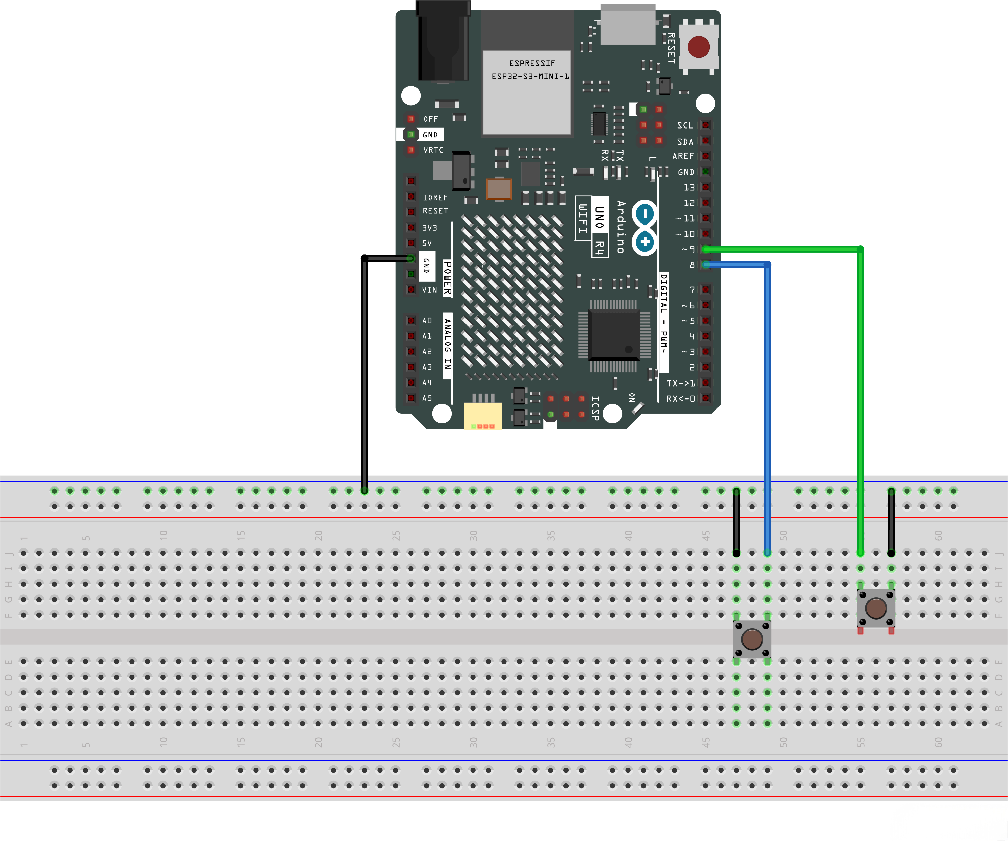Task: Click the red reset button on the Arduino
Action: point(698,47)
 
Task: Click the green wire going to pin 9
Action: point(860,384)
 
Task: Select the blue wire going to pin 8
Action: point(767,384)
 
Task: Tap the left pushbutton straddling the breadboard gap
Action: point(752,639)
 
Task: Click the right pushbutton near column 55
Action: point(876,608)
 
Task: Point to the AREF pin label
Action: point(683,156)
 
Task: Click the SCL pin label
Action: point(685,125)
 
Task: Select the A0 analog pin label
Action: point(427,320)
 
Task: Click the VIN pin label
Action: point(429,290)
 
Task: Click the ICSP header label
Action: point(595,408)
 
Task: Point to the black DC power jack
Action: point(443,43)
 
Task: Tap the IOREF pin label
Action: point(435,197)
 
